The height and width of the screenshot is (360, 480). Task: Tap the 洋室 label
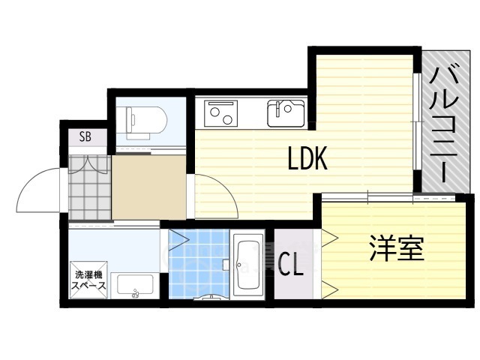397,248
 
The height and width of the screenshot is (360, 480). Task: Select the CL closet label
291,265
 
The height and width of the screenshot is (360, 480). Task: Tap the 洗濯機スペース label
88,280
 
